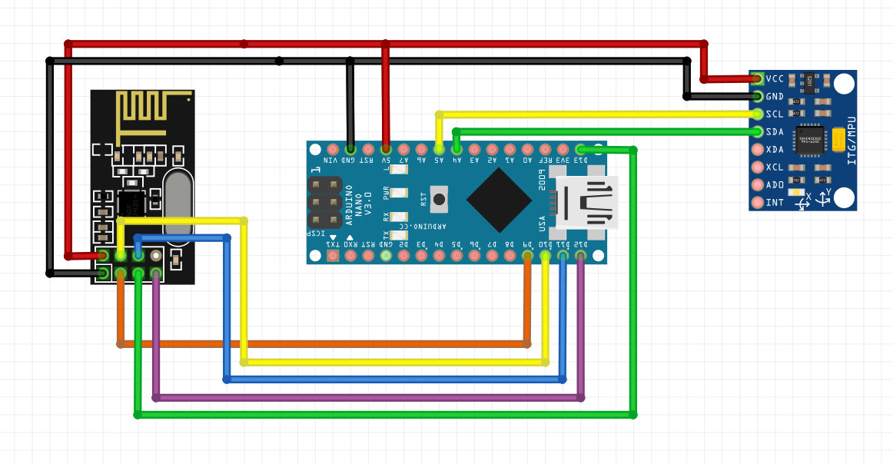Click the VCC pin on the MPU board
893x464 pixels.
[758, 78]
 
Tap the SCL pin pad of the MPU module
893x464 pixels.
[758, 114]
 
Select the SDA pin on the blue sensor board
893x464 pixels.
[758, 131]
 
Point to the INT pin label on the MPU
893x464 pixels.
[775, 203]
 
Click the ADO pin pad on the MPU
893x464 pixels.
[758, 185]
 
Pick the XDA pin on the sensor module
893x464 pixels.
[758, 149]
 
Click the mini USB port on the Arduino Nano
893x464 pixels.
[588, 203]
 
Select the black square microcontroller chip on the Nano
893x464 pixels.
[499, 200]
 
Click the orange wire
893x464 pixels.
[323, 343]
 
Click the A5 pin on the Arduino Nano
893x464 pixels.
[439, 148]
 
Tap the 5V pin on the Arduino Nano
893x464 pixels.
[386, 148]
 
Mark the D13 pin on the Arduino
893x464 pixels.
[580, 148]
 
